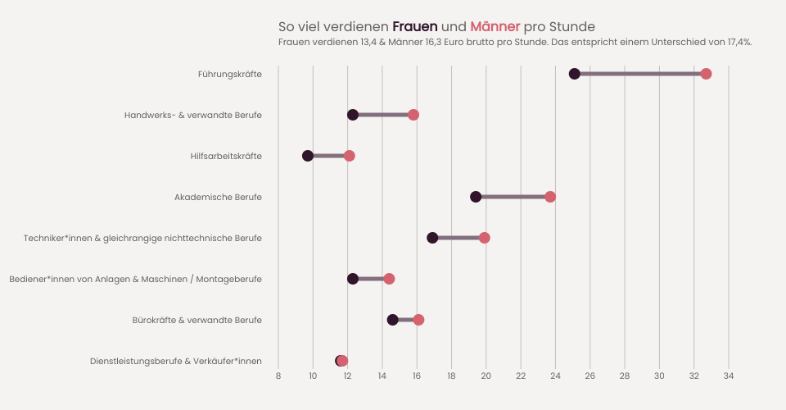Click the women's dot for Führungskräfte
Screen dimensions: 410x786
click(574, 74)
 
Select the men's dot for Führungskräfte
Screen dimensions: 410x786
click(706, 74)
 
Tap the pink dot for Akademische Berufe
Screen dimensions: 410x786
click(550, 197)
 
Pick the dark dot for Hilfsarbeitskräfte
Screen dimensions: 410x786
click(308, 156)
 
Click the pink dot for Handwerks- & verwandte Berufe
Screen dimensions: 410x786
click(413, 115)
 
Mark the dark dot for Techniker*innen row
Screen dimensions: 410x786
click(432, 238)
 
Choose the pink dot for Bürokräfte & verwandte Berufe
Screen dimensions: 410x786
click(418, 320)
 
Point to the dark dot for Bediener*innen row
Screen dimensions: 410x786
click(353, 279)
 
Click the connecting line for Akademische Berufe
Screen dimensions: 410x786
click(513, 197)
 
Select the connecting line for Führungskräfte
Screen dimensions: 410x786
click(640, 74)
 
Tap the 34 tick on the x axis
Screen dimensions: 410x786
click(729, 376)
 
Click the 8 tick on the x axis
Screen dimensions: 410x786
click(278, 376)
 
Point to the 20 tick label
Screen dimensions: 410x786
click(486, 376)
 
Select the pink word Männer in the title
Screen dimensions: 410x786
click(495, 26)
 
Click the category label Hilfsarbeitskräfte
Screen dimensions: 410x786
click(226, 156)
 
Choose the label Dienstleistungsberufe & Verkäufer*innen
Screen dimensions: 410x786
click(176, 361)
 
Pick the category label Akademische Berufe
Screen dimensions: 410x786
click(218, 197)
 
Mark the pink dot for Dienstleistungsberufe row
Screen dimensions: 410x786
click(343, 361)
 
